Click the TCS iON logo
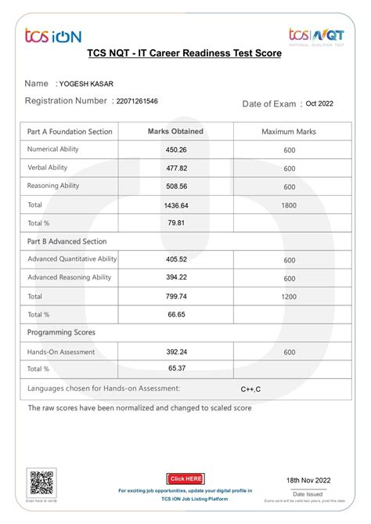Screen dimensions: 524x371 click(x=52, y=35)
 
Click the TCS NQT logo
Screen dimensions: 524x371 click(x=316, y=36)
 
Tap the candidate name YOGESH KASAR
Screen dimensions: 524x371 click(x=86, y=84)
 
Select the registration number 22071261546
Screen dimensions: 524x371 click(x=137, y=101)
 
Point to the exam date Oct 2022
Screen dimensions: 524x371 click(x=319, y=103)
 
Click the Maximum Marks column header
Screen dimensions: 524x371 click(x=289, y=132)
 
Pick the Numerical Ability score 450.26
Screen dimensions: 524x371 click(x=176, y=150)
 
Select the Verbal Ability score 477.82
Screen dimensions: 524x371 click(x=176, y=168)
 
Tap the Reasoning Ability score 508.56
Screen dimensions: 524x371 click(x=176, y=186)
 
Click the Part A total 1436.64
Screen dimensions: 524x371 click(x=176, y=205)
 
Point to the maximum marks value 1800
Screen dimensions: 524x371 click(x=289, y=204)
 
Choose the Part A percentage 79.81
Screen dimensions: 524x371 click(x=176, y=223)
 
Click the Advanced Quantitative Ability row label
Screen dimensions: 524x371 click(x=72, y=259)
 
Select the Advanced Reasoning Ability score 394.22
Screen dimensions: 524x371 click(x=176, y=277)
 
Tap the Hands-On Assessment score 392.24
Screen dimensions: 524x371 click(x=176, y=352)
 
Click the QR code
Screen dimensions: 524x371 click(x=41, y=482)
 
